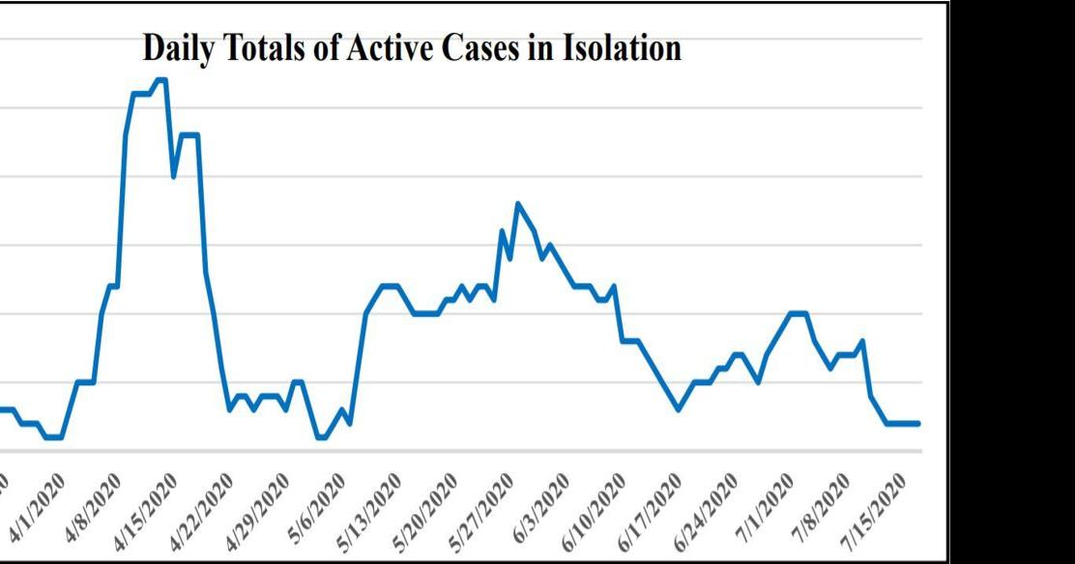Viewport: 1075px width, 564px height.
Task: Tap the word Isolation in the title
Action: click(628, 47)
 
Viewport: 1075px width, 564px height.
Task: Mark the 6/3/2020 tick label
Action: click(541, 506)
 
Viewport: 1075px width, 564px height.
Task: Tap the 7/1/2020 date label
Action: click(766, 506)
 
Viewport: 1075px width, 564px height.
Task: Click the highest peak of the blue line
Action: click(161, 80)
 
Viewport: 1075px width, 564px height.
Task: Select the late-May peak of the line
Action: click(518, 203)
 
